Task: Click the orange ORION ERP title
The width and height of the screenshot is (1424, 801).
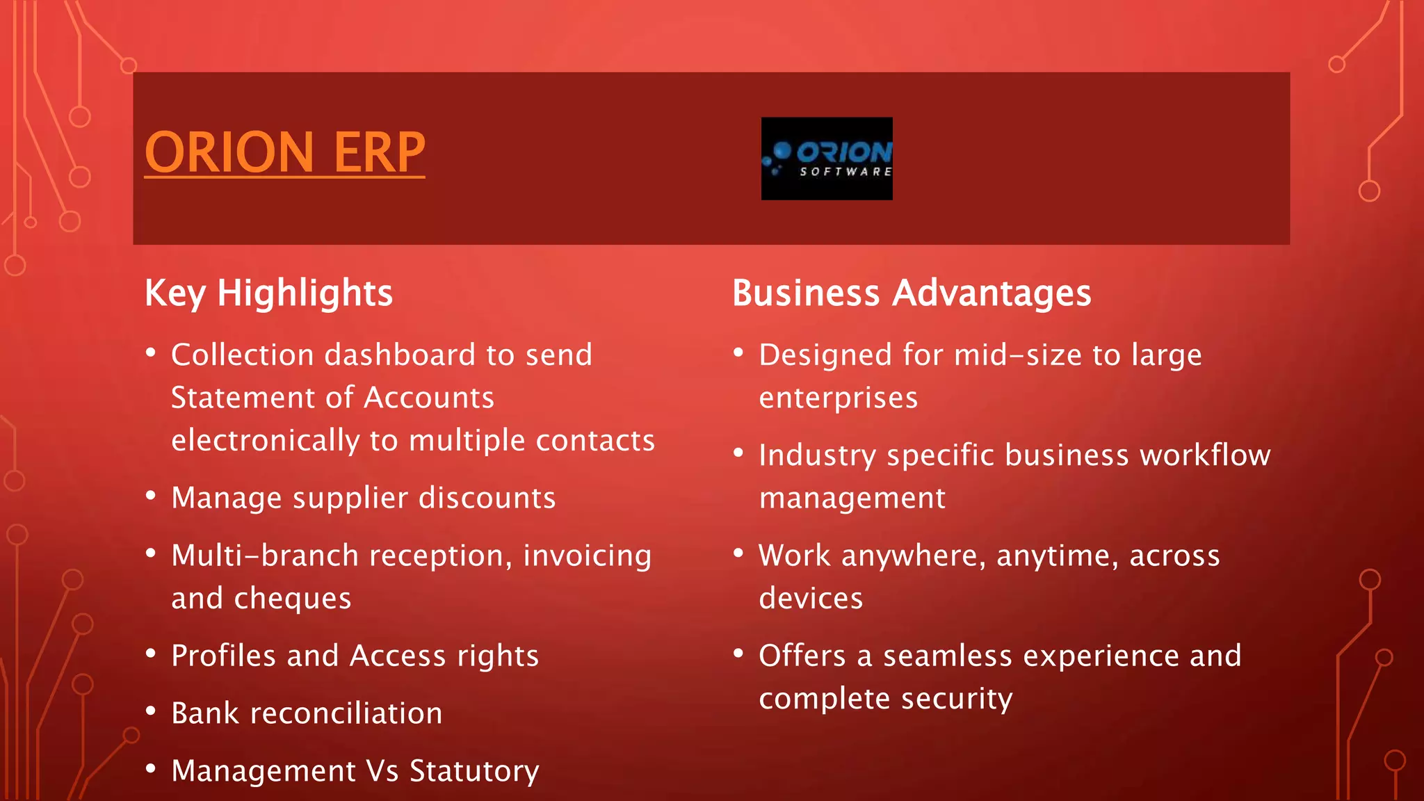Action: (284, 152)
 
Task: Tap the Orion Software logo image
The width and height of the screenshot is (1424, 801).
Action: (827, 159)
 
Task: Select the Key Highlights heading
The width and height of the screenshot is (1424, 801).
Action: (268, 293)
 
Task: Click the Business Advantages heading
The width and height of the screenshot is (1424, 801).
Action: (912, 293)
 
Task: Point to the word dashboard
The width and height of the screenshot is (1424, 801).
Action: (400, 355)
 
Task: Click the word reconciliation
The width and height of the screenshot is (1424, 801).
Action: (346, 714)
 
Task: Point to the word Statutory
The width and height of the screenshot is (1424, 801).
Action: (474, 772)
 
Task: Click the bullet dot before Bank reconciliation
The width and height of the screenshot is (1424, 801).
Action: (151, 711)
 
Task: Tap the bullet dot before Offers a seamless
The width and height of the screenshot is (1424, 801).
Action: (738, 654)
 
